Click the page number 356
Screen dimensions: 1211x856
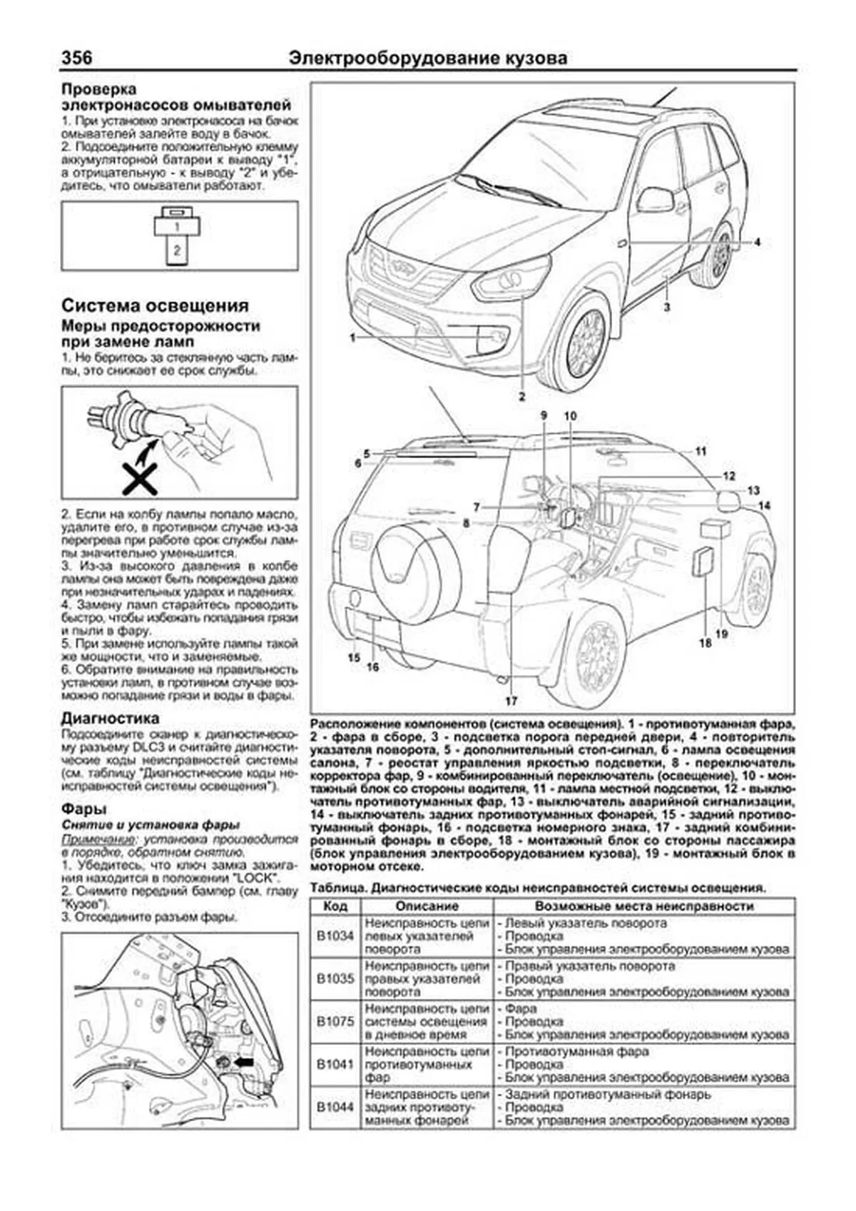click(x=77, y=57)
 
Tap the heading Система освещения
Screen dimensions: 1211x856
click(x=155, y=305)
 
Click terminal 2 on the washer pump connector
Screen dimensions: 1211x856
click(x=177, y=250)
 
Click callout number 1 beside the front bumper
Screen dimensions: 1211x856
click(x=352, y=337)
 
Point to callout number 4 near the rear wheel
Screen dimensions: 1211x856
click(x=758, y=242)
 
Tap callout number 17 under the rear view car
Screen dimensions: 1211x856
click(x=511, y=700)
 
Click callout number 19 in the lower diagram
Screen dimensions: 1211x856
click(x=721, y=632)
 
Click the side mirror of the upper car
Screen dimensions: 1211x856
click(x=653, y=200)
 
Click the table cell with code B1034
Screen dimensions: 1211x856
click(x=335, y=936)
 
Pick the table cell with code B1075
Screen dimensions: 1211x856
click(x=335, y=1021)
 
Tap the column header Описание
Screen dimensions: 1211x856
click(x=427, y=906)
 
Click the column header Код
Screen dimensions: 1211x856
click(x=335, y=906)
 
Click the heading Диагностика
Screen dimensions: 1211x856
click(x=110, y=718)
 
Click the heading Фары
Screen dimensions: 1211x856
click(x=84, y=809)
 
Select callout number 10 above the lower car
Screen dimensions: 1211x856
click(x=569, y=416)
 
